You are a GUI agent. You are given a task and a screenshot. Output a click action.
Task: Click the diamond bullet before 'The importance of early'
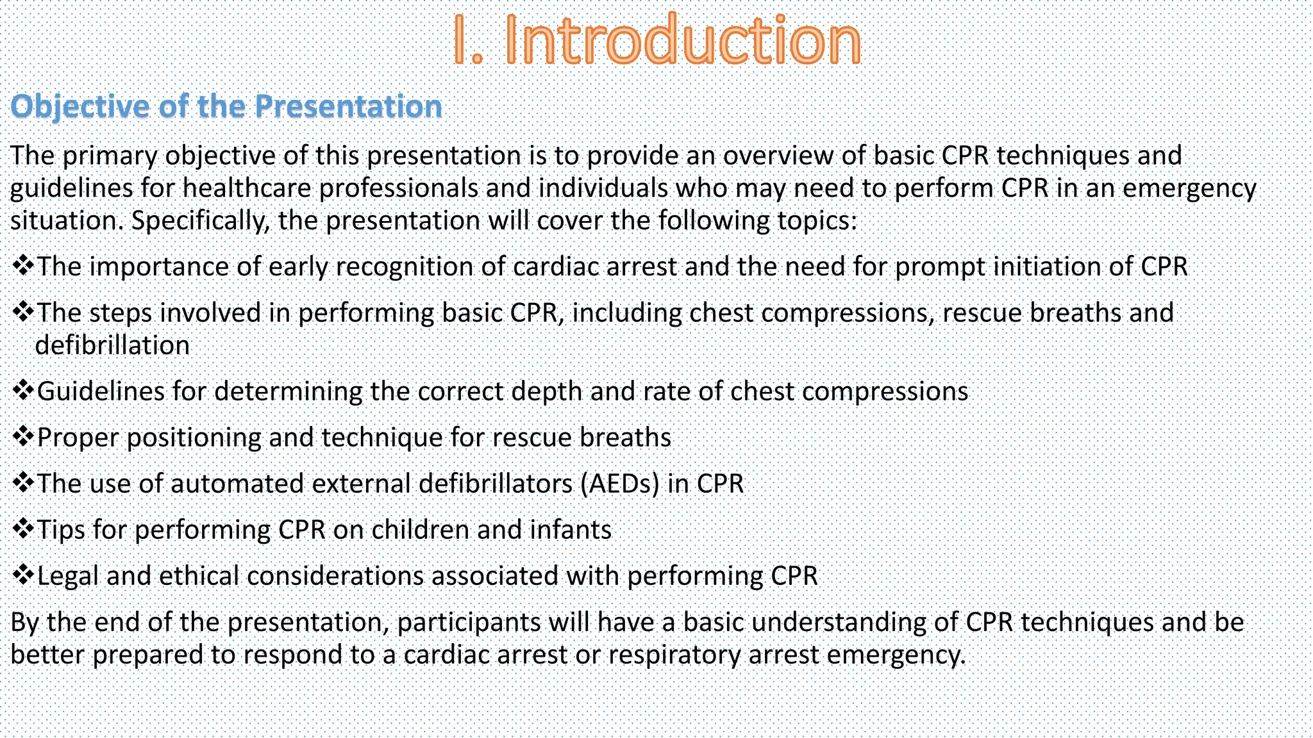coord(22,265)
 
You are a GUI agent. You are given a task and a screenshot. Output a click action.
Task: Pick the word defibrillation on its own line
coord(112,346)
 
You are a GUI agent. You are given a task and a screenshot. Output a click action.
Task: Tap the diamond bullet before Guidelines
coord(22,390)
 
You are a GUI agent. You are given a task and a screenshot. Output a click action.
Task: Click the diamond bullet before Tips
coord(22,529)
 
